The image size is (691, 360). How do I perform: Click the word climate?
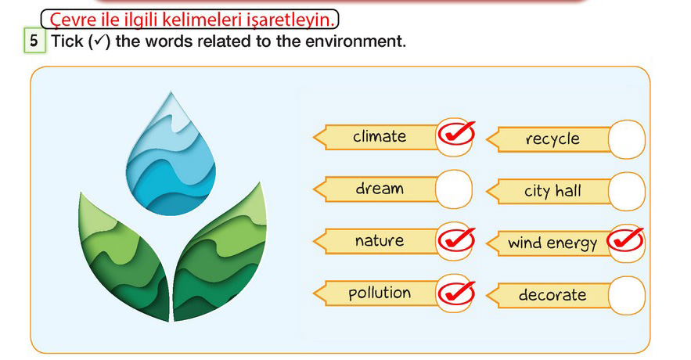380,137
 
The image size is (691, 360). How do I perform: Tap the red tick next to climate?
456,134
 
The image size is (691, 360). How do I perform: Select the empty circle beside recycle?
627,139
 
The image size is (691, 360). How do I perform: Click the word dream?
380,189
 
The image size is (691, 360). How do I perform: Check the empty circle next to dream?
454,189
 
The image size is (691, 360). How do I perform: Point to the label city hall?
552,191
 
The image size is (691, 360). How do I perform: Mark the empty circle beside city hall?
627,191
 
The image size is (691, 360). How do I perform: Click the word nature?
380,240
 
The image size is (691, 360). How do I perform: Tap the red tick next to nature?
456,239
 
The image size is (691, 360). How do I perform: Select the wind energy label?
552,243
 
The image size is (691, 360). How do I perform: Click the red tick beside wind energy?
625,239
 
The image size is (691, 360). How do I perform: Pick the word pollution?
380,293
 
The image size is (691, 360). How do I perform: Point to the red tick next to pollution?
456,292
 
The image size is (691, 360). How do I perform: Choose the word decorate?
552,295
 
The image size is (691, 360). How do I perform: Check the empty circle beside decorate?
627,295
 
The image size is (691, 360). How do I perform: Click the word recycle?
552,139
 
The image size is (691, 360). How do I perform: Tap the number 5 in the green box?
34,41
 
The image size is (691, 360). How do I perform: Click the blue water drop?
171,159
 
